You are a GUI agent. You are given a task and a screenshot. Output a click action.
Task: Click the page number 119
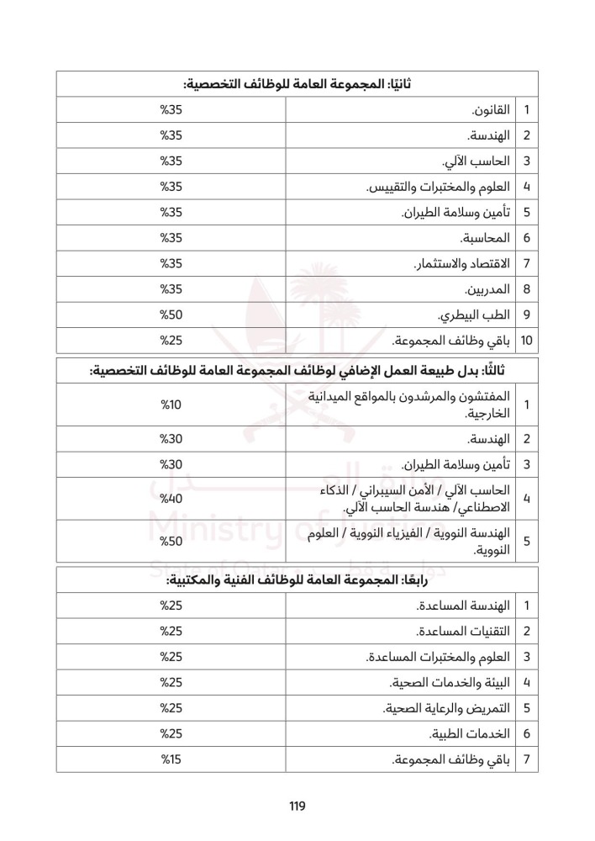297,806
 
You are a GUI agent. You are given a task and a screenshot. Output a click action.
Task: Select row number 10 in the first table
526,341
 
